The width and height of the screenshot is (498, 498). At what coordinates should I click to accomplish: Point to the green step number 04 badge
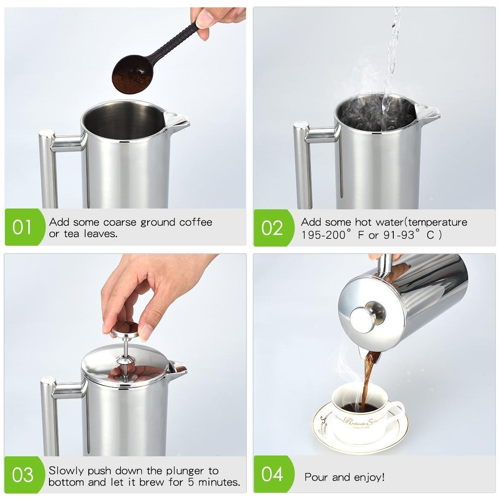coord(273,474)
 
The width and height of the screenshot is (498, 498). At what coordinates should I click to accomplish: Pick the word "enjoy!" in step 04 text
coord(369,477)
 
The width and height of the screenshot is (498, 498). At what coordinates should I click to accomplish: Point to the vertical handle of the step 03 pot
coord(49,416)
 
